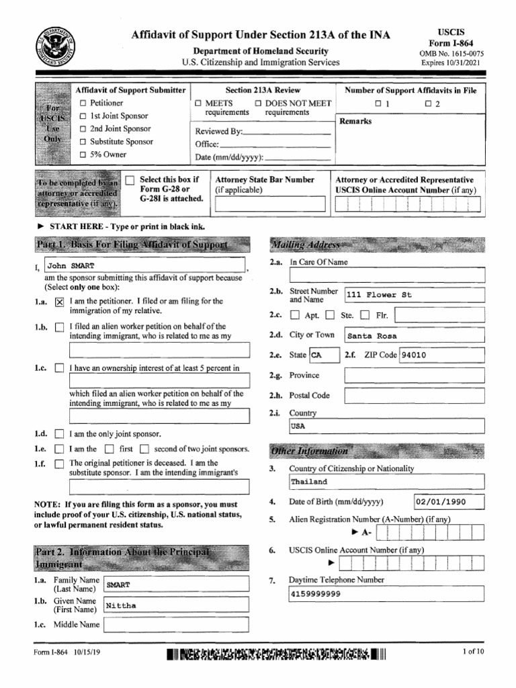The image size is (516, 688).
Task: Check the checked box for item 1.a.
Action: (59, 302)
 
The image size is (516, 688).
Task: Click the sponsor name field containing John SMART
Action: (145, 265)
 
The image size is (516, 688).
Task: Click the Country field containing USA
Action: (386, 426)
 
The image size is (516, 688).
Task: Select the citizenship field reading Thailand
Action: (386, 482)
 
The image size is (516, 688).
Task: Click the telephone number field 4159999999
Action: (386, 594)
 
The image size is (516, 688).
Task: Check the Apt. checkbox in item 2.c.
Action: (295, 315)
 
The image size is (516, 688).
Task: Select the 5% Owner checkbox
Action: (83, 155)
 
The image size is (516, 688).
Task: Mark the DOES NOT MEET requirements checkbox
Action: (258, 103)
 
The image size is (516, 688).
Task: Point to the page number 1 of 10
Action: (473, 652)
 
